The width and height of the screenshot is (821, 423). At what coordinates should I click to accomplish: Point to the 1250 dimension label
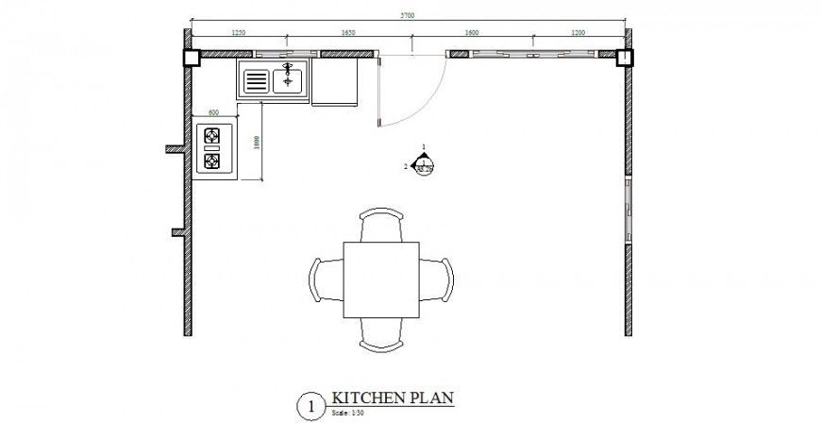point(238,33)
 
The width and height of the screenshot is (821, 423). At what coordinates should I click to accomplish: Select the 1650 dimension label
point(348,33)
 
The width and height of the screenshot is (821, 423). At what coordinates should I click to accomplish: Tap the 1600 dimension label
point(472,33)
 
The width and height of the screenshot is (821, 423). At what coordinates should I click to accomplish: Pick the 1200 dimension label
point(578,33)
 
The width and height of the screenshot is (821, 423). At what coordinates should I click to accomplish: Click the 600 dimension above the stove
point(213,112)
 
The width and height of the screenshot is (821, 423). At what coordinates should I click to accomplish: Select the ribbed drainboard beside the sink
point(256,82)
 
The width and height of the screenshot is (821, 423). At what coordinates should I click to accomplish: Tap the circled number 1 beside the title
point(308,406)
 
